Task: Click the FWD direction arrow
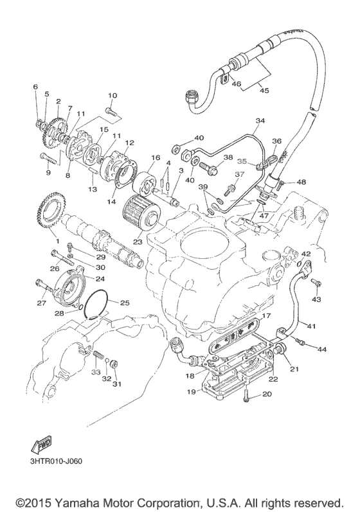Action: coord(41,444)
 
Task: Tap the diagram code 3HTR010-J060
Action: coord(55,461)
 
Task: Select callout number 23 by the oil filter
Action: coord(138,242)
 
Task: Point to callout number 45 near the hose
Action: coord(264,90)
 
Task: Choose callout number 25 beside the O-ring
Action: coord(125,303)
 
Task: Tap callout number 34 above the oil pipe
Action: coord(260,121)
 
